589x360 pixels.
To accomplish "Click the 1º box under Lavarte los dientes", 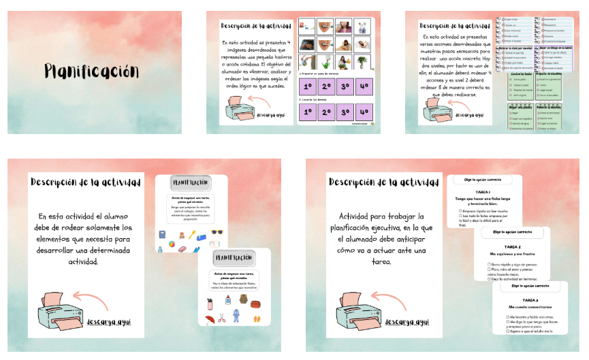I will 306,112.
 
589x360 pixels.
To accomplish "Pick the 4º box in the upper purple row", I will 364,87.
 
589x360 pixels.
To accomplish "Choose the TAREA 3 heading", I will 528,300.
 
